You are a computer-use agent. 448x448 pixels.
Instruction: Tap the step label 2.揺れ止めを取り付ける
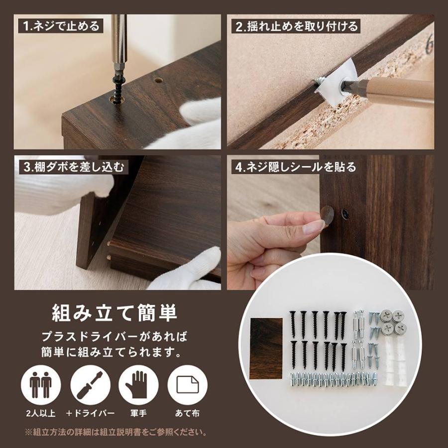tap(297, 26)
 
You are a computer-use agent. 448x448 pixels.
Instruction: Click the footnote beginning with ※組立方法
tap(115, 432)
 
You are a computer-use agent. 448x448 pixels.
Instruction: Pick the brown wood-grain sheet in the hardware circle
tap(266, 348)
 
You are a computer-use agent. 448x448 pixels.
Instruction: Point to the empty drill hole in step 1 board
tap(158, 80)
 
